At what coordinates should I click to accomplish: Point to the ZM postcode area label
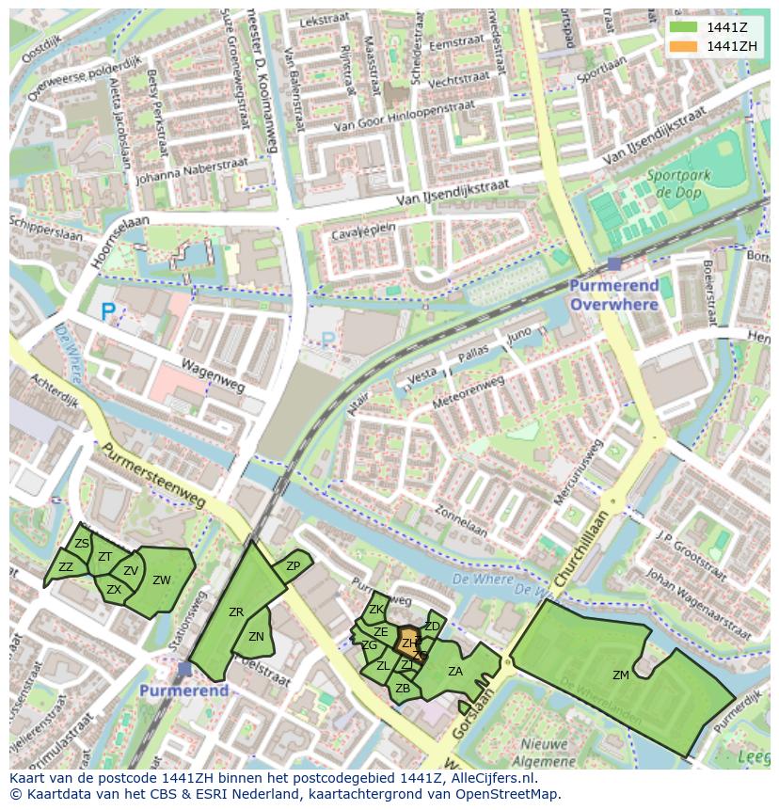[621, 675]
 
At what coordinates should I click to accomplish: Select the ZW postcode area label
[162, 580]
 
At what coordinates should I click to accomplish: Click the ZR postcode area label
[236, 612]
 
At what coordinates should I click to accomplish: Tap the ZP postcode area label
[293, 566]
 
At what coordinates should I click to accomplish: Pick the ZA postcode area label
[455, 672]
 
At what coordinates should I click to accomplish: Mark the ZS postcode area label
[82, 544]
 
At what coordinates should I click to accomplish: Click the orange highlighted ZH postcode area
[408, 643]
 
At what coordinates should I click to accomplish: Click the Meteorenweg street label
[467, 391]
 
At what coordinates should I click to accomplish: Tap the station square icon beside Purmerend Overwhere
[614, 264]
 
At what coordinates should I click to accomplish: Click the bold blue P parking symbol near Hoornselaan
[108, 310]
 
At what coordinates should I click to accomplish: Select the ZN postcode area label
[256, 637]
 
